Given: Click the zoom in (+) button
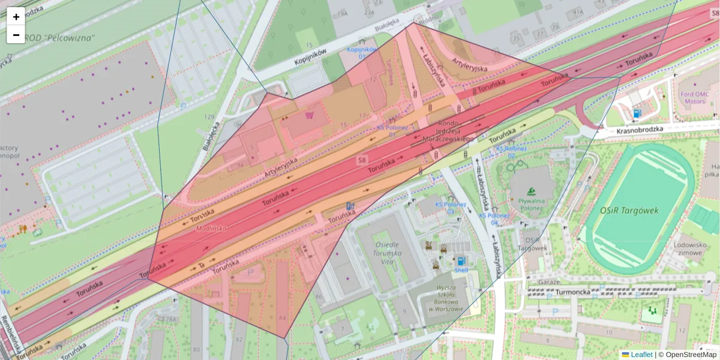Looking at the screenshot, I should click(x=16, y=17).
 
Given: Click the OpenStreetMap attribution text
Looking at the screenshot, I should click(x=689, y=355).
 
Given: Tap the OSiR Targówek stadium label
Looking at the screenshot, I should click(x=629, y=211).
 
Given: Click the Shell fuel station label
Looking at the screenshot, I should click(x=461, y=270).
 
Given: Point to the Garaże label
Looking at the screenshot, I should click(x=549, y=281).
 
